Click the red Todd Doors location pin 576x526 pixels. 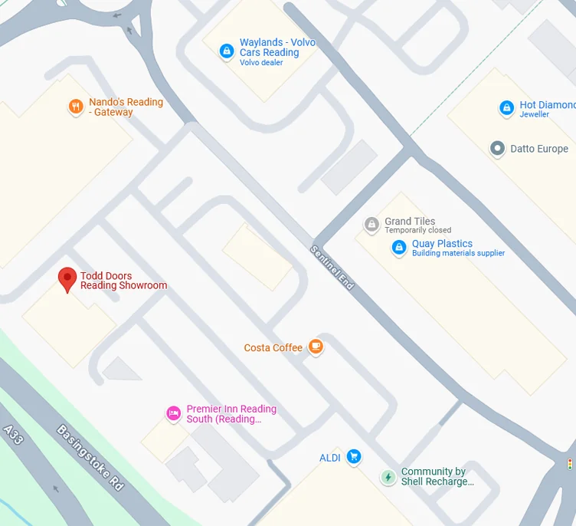point(67,279)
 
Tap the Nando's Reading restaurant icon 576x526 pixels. point(75,107)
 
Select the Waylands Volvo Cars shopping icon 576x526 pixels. point(226,51)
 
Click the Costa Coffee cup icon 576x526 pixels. point(316,347)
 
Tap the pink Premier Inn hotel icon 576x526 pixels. point(174,414)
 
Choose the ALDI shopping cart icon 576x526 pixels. point(353,457)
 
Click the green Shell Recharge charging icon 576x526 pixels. point(388,477)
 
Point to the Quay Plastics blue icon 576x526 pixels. point(398,248)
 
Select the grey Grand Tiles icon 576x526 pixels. point(371,225)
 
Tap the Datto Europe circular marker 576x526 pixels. point(497,148)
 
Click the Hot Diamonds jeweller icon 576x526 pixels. point(506,109)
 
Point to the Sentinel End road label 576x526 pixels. point(332,267)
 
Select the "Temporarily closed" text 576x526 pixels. point(417,231)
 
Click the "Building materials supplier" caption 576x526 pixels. point(458,254)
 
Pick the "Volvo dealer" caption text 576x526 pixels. point(261,63)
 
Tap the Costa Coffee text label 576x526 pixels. point(273,348)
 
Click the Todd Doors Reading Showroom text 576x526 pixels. point(123,281)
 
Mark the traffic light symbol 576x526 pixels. point(569,464)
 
